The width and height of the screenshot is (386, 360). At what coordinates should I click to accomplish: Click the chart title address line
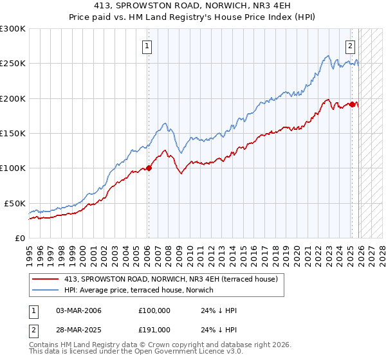192,6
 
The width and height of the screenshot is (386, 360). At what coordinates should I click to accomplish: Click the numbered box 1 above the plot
148,46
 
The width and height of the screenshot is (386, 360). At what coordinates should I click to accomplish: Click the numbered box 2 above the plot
351,46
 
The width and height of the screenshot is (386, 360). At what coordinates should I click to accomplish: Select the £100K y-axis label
13,168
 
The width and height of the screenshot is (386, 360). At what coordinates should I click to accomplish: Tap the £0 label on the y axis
19,237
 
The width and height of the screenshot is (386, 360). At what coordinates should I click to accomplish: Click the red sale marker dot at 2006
149,168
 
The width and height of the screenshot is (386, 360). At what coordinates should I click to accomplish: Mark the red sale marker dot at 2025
353,104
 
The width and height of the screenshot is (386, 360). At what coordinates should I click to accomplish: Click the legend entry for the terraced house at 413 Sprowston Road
170,279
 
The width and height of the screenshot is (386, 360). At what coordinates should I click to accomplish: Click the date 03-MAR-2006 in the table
78,310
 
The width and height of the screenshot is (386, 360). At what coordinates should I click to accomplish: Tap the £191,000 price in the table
154,330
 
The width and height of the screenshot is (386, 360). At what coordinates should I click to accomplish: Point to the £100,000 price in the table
154,310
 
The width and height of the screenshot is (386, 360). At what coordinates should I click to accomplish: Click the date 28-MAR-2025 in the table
78,330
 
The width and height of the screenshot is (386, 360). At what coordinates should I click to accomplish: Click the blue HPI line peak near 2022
328,55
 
